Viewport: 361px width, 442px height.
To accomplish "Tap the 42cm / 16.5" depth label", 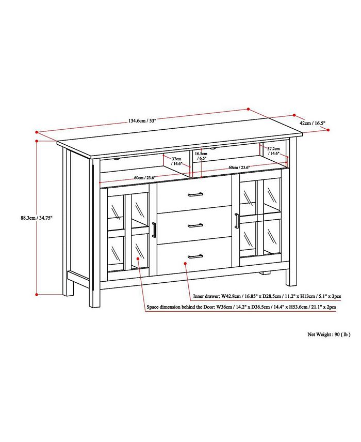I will pos(313,123).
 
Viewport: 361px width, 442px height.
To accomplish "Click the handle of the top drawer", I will pos(195,194).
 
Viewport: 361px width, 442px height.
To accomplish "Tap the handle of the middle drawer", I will pos(195,224).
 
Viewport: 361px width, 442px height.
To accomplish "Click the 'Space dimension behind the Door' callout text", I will pos(241,307).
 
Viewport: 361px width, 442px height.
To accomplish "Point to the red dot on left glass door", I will pos(137,258).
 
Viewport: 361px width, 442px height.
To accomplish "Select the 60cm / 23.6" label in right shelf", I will pos(239,167).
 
